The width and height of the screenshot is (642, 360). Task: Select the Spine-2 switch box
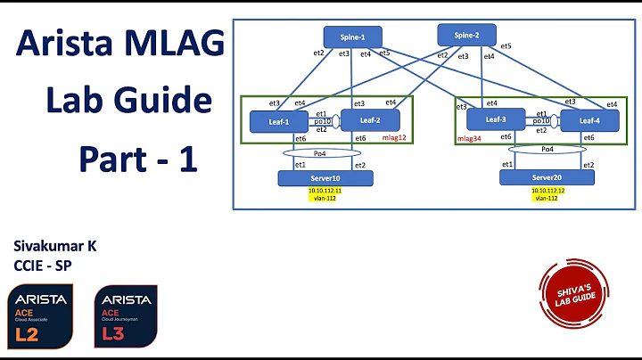[467, 35]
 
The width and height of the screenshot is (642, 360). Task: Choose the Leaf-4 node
[588, 120]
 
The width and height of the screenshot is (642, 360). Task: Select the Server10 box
[325, 178]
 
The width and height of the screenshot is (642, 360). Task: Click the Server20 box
[547, 178]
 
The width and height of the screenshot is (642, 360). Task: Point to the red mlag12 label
[393, 138]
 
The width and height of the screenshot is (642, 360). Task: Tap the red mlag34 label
[470, 139]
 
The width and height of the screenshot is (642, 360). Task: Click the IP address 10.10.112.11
[325, 191]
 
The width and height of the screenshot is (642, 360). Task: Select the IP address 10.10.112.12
[547, 191]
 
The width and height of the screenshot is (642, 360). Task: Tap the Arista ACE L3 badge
[125, 316]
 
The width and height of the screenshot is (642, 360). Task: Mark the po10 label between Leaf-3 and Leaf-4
[539, 120]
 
